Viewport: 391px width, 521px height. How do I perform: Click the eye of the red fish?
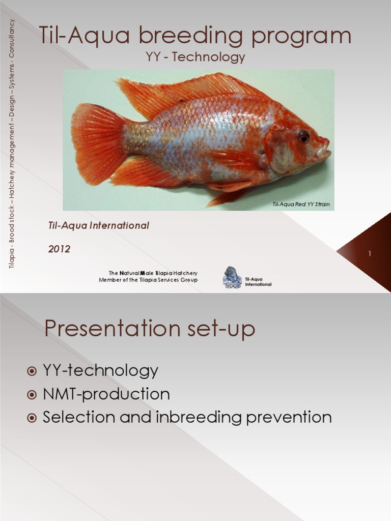[x=303, y=136]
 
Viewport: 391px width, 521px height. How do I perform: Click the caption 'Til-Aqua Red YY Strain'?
[x=301, y=205]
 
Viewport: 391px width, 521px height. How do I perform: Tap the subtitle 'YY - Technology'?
[x=195, y=57]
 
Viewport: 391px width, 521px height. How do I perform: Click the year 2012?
[x=60, y=249]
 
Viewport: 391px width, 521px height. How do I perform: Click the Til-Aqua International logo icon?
[x=232, y=277]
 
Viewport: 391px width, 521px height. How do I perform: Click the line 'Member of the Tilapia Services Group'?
[x=148, y=280]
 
